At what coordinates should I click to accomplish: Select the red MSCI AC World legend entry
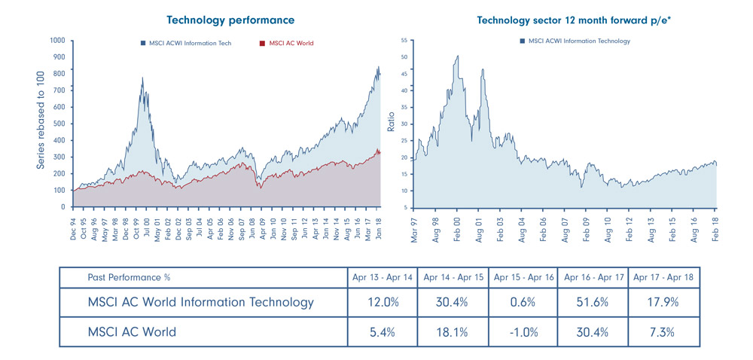pos(285,44)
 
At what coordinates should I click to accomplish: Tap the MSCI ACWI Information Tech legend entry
pos(186,44)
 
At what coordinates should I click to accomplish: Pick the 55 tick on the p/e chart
pos(404,40)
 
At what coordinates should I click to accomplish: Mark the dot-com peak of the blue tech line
pos(142,77)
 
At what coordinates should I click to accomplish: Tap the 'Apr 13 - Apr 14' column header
pos(383,276)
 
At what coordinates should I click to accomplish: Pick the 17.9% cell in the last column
pos(663,304)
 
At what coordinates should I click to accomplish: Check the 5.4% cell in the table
pos(383,332)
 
